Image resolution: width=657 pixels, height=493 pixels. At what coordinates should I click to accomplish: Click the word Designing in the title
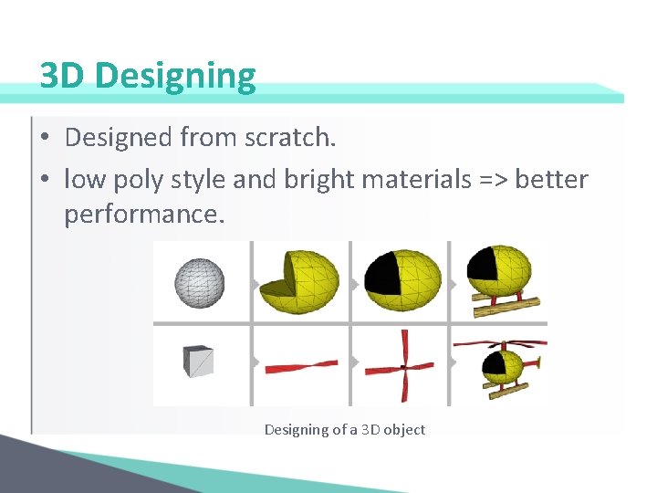click(175, 77)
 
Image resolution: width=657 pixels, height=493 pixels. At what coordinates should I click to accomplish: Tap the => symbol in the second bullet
click(493, 179)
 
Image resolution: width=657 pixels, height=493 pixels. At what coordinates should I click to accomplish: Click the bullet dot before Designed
click(45, 139)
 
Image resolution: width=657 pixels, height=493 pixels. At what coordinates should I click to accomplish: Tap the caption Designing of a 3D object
click(344, 429)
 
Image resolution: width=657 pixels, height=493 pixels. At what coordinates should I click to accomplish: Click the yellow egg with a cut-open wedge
click(298, 281)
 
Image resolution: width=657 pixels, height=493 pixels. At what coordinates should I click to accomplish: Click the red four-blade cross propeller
click(399, 367)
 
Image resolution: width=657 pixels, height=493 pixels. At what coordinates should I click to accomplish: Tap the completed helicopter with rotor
click(501, 365)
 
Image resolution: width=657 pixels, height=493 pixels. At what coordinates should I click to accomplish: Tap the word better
click(551, 179)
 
